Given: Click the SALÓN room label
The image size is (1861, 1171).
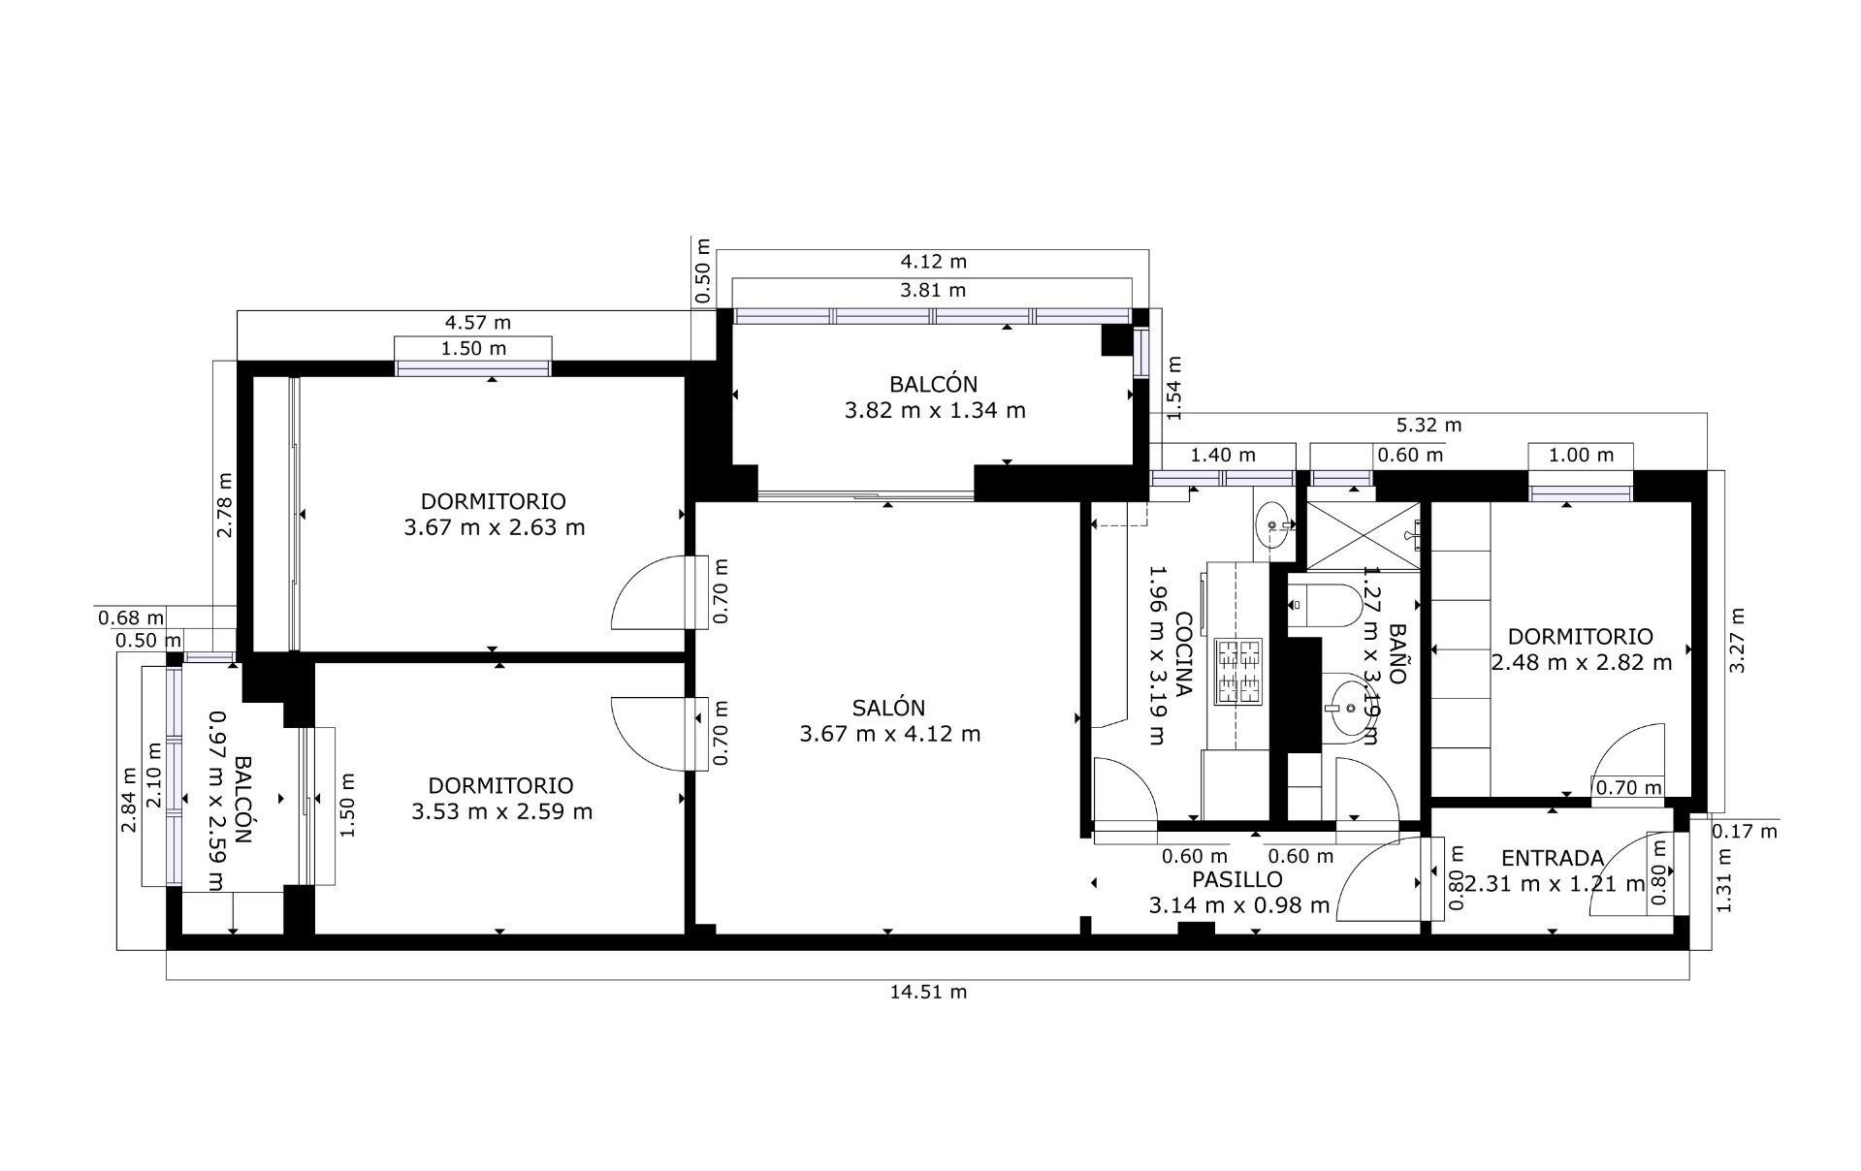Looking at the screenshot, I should click(889, 720).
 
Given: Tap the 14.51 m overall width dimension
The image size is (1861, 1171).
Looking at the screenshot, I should click(928, 992).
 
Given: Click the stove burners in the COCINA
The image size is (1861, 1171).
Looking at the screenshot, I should click(1238, 670).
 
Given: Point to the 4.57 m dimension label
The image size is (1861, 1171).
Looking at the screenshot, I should click(477, 322).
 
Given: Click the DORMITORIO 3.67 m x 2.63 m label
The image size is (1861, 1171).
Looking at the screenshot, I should click(494, 515).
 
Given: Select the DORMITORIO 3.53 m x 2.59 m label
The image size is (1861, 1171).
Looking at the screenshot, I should click(501, 798).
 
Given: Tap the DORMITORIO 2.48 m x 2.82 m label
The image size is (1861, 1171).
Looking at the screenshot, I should click(1581, 649).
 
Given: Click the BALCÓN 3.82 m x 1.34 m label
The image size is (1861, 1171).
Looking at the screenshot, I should click(934, 396).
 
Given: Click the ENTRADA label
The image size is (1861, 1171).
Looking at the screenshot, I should click(1552, 858).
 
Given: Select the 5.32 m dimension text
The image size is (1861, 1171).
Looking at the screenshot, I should click(1428, 425).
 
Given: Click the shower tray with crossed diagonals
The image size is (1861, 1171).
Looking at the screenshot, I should click(1362, 534).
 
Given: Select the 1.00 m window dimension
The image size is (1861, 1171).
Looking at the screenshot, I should click(1581, 455).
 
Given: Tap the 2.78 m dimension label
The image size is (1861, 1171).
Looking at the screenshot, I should click(224, 505).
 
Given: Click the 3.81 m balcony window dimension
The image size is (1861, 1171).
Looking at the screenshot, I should click(932, 290).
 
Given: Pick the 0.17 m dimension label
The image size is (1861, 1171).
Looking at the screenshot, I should click(1745, 831).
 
